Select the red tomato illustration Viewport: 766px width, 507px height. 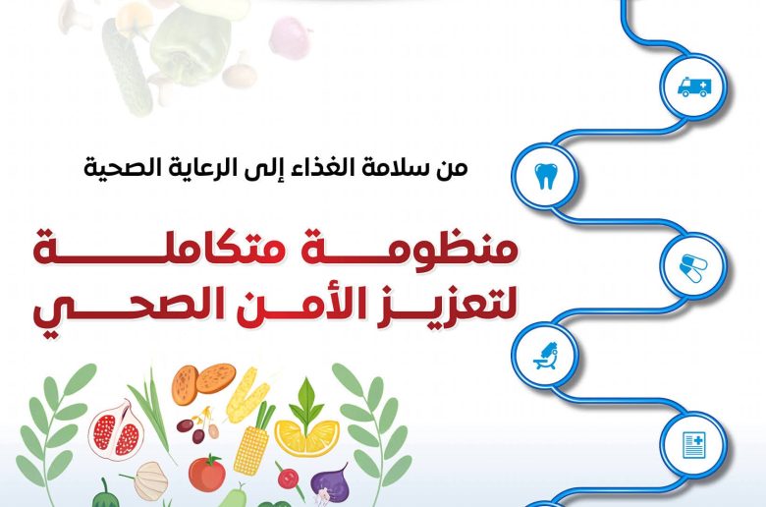tap(206, 473)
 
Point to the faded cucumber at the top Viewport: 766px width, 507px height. tap(125, 69)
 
